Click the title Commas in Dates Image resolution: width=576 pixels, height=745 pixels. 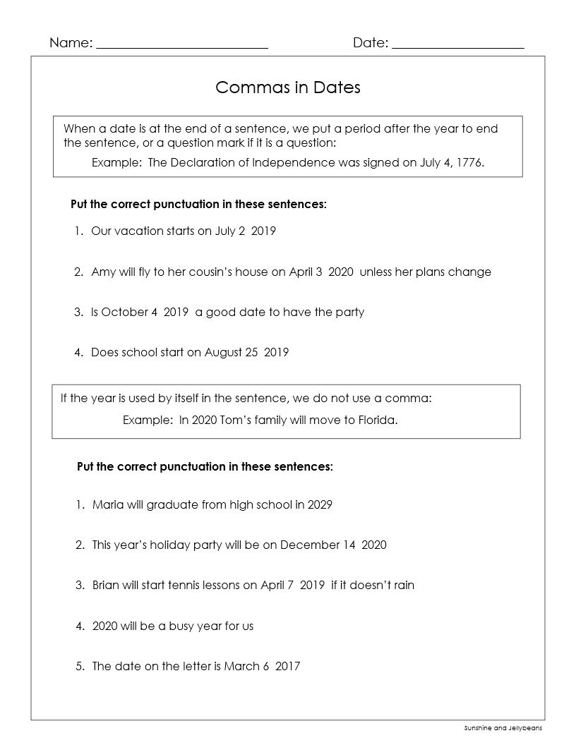(x=288, y=87)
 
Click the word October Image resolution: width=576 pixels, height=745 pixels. (x=125, y=313)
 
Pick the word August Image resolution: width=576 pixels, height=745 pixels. (x=224, y=353)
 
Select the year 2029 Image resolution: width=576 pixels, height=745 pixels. (x=320, y=505)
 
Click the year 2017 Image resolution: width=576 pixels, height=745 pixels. (x=287, y=666)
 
